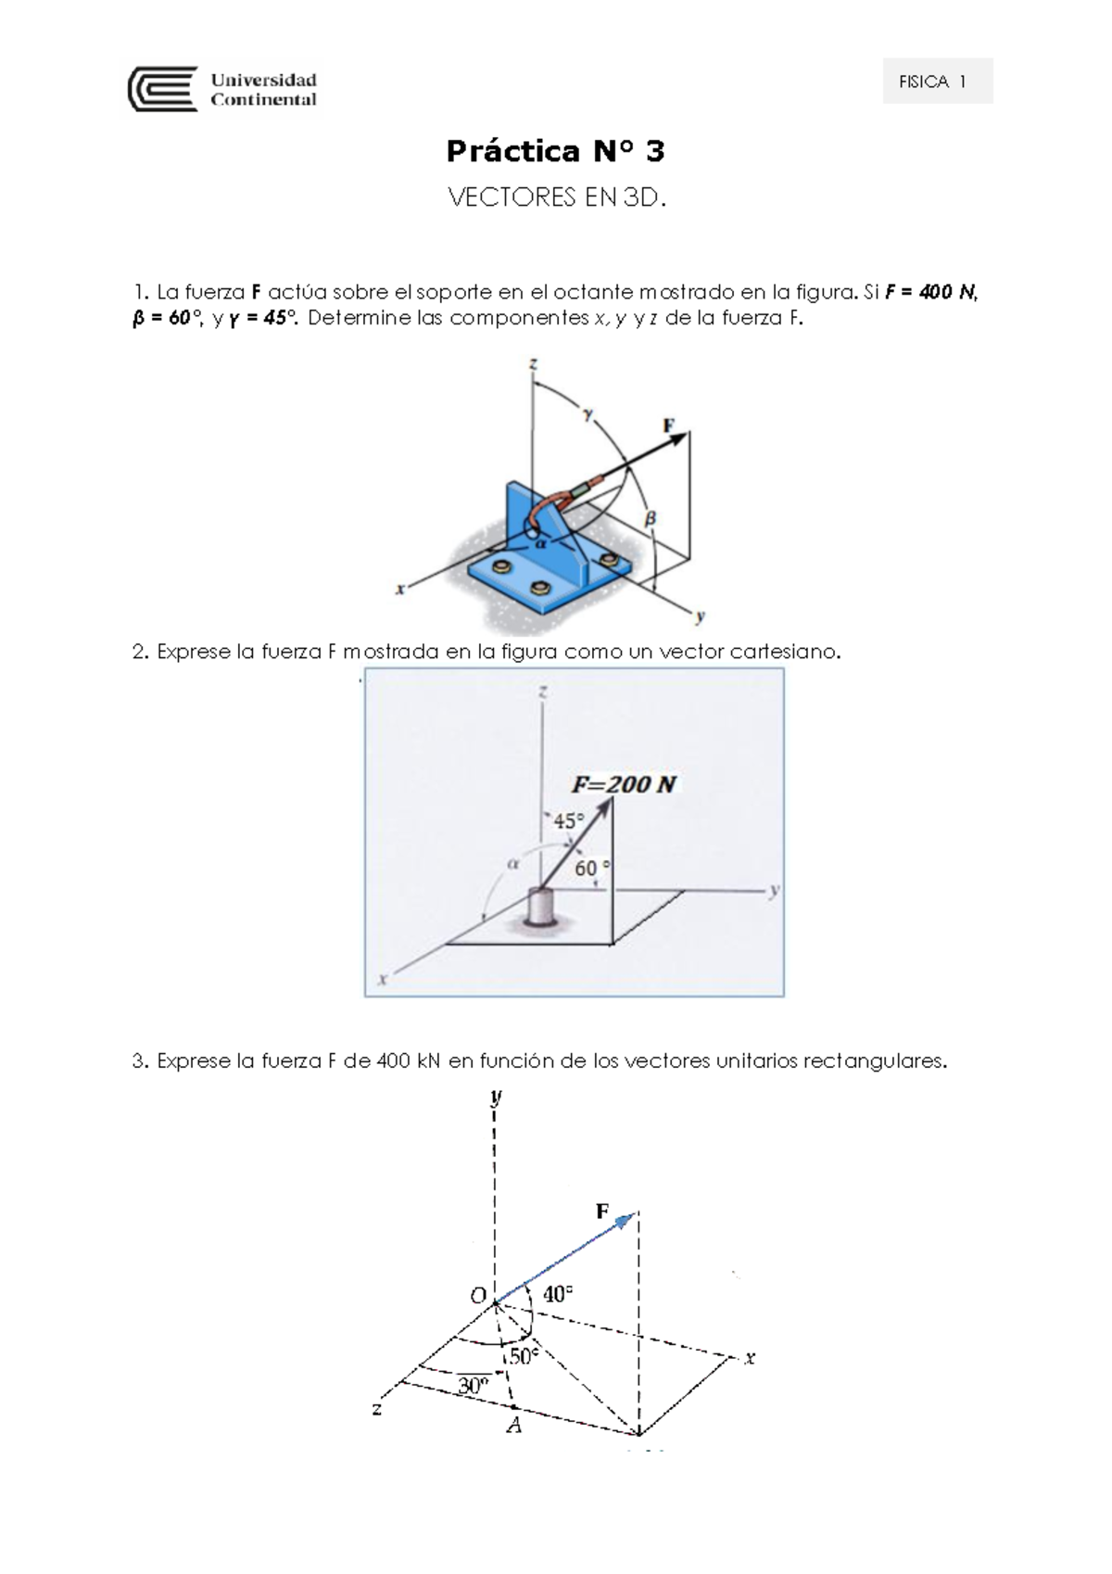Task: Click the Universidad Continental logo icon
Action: click(162, 89)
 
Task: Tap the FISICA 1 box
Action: click(937, 82)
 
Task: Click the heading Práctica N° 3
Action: click(555, 151)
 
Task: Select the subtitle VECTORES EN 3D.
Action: click(556, 197)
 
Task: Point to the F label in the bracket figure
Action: click(669, 425)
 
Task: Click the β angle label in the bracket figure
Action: click(651, 520)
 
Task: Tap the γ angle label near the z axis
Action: click(587, 414)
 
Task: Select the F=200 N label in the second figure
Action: click(624, 784)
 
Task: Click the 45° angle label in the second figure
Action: click(569, 821)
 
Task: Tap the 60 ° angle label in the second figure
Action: click(593, 869)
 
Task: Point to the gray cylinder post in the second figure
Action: click(539, 907)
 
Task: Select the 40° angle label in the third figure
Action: click(557, 1294)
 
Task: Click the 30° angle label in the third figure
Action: click(473, 1387)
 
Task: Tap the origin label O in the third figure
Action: click(478, 1296)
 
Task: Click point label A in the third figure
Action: click(513, 1427)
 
